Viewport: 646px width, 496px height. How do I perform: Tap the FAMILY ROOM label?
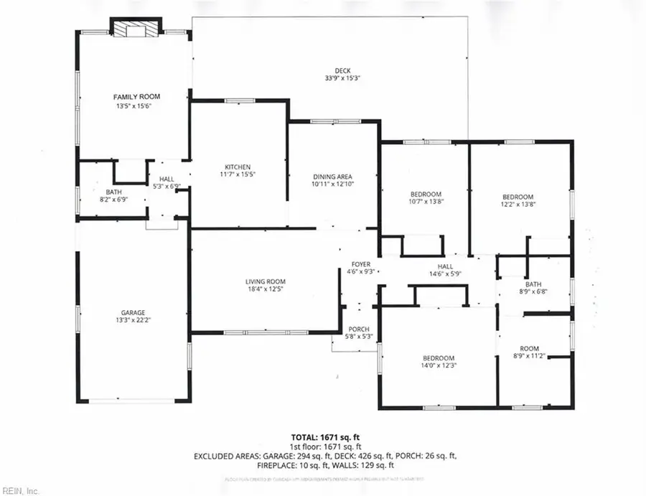[x=136, y=96]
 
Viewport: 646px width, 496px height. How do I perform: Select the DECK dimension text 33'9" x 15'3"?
[x=342, y=78]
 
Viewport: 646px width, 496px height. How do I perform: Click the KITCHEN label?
[x=237, y=167]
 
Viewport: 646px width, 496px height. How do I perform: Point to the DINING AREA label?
[x=332, y=176]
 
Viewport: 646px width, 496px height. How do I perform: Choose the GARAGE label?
[x=133, y=312]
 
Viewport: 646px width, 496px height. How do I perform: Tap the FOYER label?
[x=360, y=264]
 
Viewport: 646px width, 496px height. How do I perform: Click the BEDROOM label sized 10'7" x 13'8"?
[x=425, y=195]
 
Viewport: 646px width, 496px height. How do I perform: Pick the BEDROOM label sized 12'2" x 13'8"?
[x=518, y=197]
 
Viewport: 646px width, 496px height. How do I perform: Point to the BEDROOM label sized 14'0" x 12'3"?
[x=438, y=358]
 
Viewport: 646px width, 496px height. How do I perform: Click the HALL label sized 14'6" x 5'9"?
[x=445, y=266]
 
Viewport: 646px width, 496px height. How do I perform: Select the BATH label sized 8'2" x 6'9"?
[x=113, y=192]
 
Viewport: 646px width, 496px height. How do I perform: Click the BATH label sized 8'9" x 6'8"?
[x=533, y=284]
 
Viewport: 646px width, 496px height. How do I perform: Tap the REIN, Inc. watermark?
[x=22, y=490]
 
